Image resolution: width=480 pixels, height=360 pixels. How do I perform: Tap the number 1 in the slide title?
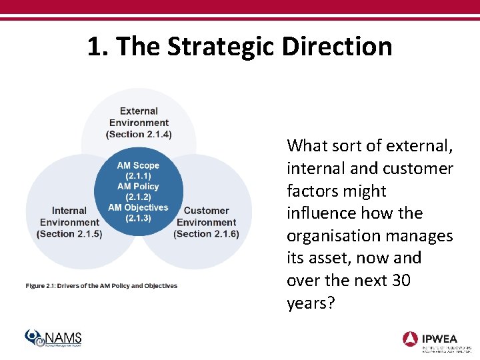tap(95, 47)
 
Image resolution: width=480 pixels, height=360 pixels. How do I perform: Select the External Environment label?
tap(139, 117)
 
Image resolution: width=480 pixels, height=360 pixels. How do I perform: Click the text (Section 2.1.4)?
tap(139, 134)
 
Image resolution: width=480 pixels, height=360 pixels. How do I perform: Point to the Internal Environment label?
tap(69, 216)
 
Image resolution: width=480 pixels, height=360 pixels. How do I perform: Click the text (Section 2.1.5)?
tap(69, 233)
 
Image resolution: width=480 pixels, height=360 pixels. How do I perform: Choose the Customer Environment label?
tap(206, 216)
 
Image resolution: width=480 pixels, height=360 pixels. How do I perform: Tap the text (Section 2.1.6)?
tap(206, 233)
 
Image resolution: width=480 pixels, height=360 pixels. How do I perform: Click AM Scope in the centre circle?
tap(138, 165)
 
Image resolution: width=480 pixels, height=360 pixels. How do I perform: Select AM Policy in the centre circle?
tap(138, 186)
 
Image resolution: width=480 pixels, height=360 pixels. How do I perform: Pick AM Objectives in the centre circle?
tap(138, 207)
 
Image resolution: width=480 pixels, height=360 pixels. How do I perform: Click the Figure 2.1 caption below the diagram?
tap(101, 286)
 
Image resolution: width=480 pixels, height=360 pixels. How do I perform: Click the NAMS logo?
tap(53, 338)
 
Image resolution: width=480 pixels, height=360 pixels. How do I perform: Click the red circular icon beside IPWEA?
tap(411, 338)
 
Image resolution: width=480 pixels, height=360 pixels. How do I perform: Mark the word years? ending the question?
tap(311, 303)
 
